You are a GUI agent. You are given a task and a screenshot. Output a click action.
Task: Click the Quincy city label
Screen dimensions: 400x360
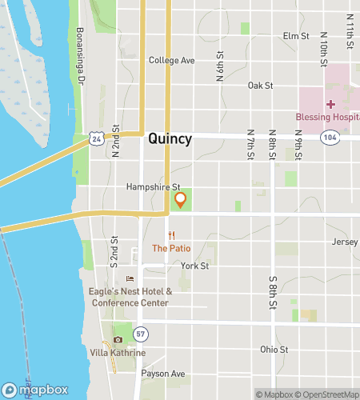pos(170,138)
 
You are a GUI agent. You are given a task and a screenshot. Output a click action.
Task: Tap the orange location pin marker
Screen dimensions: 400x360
pos(181,200)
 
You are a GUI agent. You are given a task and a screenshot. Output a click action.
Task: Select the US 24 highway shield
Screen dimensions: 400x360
pos(96,138)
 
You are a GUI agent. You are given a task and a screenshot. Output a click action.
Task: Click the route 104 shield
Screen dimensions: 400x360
pos(330,138)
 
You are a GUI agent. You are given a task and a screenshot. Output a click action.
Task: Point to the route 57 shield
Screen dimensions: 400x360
pos(141,332)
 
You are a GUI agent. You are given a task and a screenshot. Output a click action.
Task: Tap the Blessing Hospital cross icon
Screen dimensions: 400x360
pos(330,105)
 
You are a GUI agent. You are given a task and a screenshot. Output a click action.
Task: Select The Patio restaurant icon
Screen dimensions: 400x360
pos(171,235)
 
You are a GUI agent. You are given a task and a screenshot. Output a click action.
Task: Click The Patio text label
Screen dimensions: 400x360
pos(171,248)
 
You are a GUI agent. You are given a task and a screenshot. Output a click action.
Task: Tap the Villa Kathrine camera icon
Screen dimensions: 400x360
pos(118,340)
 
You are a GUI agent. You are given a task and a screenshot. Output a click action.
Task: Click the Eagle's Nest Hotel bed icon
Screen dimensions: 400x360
pos(129,278)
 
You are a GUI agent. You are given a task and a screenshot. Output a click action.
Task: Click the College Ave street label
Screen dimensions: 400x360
pos(172,61)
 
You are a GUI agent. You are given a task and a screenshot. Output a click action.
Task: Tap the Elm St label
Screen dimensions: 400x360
pos(296,36)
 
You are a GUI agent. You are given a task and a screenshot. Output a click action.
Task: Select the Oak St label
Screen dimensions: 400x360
pos(261,85)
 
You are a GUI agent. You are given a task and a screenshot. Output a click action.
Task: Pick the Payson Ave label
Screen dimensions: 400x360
pos(162,374)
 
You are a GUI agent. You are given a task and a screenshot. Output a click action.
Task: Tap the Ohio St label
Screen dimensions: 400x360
pos(274,350)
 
